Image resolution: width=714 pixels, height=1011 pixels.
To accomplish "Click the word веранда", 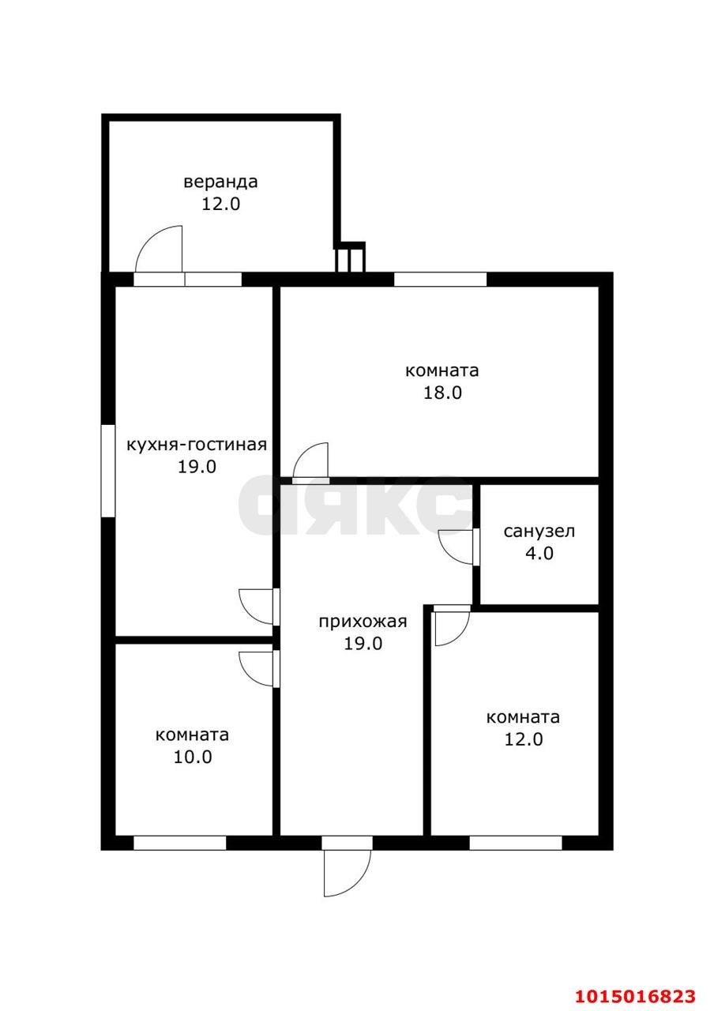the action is (x=220, y=182).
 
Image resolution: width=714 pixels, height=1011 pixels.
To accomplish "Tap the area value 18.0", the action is (x=442, y=393).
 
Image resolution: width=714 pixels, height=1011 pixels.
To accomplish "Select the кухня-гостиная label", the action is (x=197, y=445).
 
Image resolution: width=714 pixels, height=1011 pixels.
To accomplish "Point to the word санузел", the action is (x=539, y=532).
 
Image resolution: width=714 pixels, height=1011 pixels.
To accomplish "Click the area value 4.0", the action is (x=539, y=553).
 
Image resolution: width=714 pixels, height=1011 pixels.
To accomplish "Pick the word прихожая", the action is (x=363, y=622).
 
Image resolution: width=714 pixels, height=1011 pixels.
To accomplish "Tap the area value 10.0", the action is (x=193, y=757).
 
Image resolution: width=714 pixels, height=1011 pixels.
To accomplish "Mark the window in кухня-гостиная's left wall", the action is (x=108, y=471).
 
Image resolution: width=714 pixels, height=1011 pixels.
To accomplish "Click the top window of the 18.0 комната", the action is (x=440, y=280).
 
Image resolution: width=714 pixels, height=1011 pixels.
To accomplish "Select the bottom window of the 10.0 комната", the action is (x=179, y=843).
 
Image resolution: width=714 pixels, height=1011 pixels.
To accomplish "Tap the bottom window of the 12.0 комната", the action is (x=516, y=843).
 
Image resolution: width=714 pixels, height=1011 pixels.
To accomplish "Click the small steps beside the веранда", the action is (x=349, y=257).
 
